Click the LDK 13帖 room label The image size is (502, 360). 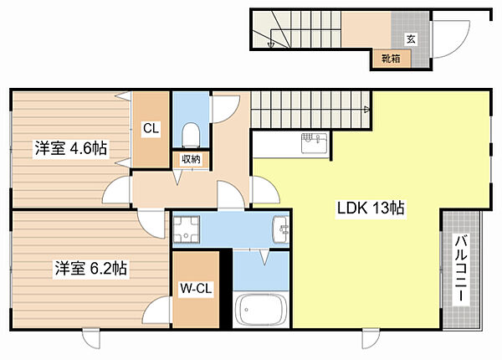click(371, 208)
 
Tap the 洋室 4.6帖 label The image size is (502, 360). click(71, 148)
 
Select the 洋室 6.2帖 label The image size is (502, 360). click(91, 269)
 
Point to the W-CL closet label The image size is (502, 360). click(196, 289)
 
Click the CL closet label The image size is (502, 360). click(151, 128)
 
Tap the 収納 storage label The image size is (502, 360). click(191, 159)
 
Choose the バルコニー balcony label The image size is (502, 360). click(461, 269)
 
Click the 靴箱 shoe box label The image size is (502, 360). click(391, 59)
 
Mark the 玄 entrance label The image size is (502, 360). click(411, 39)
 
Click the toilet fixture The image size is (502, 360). click(191, 136)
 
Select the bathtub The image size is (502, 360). click(260, 309)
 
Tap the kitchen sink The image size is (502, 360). click(314, 143)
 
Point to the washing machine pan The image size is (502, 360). click(186, 229)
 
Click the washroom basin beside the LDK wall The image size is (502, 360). click(280, 229)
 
